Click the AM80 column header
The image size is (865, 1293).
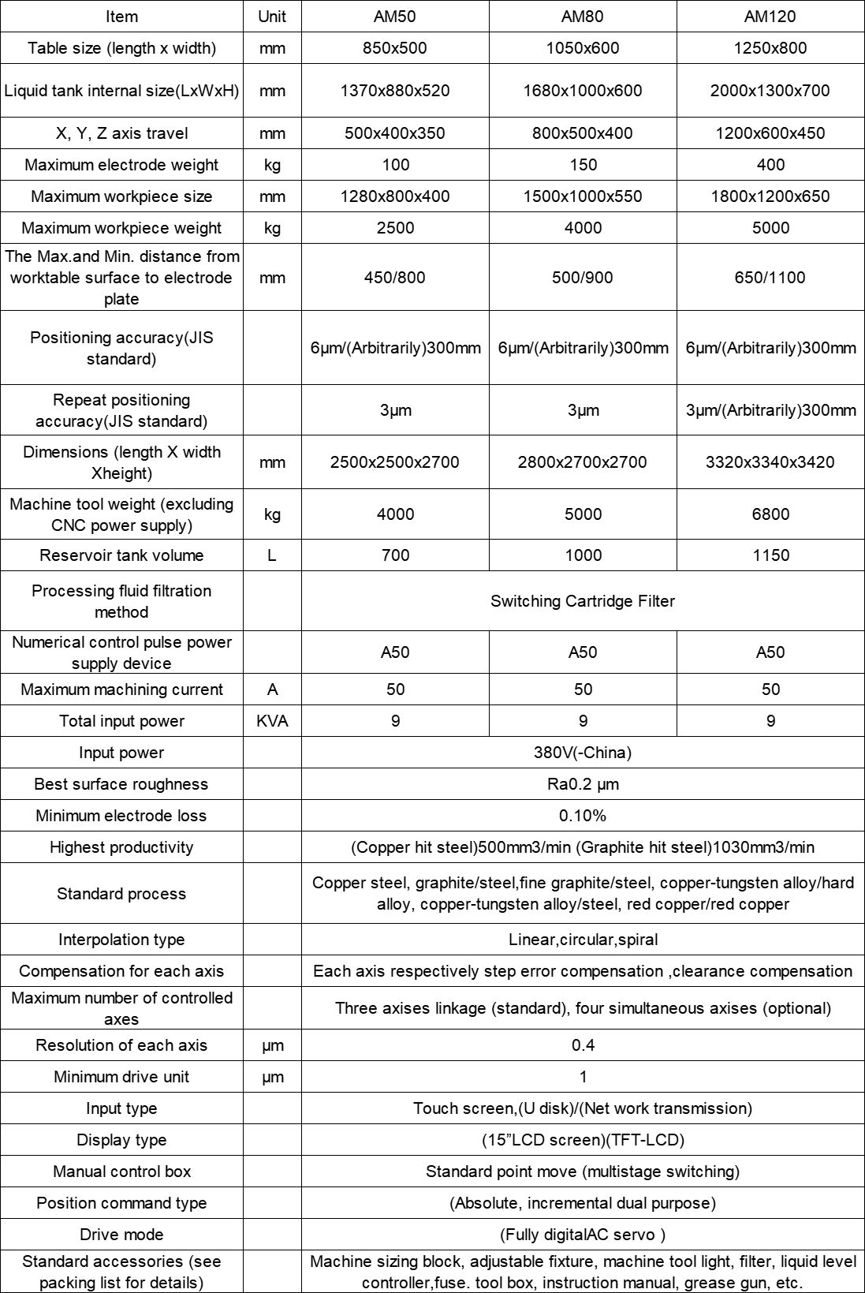pos(583,16)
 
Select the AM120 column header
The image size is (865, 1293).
pos(770,16)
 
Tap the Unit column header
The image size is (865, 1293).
pos(272,16)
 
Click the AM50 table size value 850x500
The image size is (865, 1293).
pos(395,48)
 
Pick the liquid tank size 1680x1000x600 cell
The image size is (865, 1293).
pos(583,91)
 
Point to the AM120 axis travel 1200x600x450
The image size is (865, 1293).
pos(770,133)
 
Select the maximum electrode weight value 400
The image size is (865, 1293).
pos(770,165)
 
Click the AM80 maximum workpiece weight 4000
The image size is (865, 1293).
pos(583,228)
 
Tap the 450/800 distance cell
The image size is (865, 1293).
pos(395,278)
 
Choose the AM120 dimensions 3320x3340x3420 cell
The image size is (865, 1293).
pos(770,462)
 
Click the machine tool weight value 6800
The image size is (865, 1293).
pos(770,514)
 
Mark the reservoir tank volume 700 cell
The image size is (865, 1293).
pos(395,555)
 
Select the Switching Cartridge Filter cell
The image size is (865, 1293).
pos(583,601)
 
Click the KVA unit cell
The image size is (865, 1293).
pos(272,721)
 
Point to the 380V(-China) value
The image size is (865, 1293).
pos(583,753)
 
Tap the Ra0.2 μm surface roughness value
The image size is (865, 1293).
pos(583,784)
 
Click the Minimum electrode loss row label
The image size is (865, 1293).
pos(121,816)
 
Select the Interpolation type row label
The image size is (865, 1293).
pos(121,940)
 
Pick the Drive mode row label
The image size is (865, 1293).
pos(121,1235)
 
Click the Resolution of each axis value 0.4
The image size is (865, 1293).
pos(583,1045)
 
